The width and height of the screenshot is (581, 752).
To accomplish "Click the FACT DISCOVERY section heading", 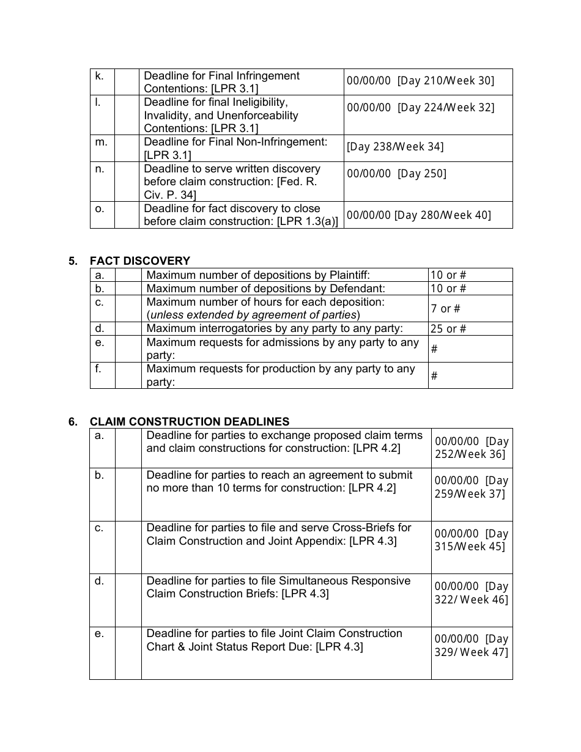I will coord(140,261).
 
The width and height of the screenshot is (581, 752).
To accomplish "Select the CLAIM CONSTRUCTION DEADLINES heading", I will coord(190,422).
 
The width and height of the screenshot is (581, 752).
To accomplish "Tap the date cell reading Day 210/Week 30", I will coord(420,81).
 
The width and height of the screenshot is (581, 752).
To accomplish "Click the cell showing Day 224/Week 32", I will coord(420,108).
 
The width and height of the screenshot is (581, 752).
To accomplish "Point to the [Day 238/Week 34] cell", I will coord(395,147).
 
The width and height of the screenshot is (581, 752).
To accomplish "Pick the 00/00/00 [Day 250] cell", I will coord(396,174).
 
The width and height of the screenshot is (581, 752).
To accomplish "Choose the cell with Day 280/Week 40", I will coord(418,215).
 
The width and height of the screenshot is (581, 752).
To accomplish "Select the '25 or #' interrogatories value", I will coord(448,329).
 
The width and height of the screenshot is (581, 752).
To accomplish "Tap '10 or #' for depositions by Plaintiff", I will coord(448,275).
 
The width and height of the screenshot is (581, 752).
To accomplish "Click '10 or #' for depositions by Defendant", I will coord(448,289).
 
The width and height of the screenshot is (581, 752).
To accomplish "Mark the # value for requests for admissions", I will coord(434,349).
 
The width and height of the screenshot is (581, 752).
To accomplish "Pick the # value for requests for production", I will coord(434,376).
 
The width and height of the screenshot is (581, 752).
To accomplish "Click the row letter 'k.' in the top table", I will coord(99,76).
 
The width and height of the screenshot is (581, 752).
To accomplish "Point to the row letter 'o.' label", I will coord(99,208).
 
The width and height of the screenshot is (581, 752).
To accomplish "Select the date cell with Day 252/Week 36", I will coord(471,448).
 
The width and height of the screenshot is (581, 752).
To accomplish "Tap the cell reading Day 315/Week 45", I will coord(471,540).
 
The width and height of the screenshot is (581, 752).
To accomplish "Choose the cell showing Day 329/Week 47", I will coord(471,646).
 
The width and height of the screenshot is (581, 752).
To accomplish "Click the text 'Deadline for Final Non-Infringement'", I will coord(235,142).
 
